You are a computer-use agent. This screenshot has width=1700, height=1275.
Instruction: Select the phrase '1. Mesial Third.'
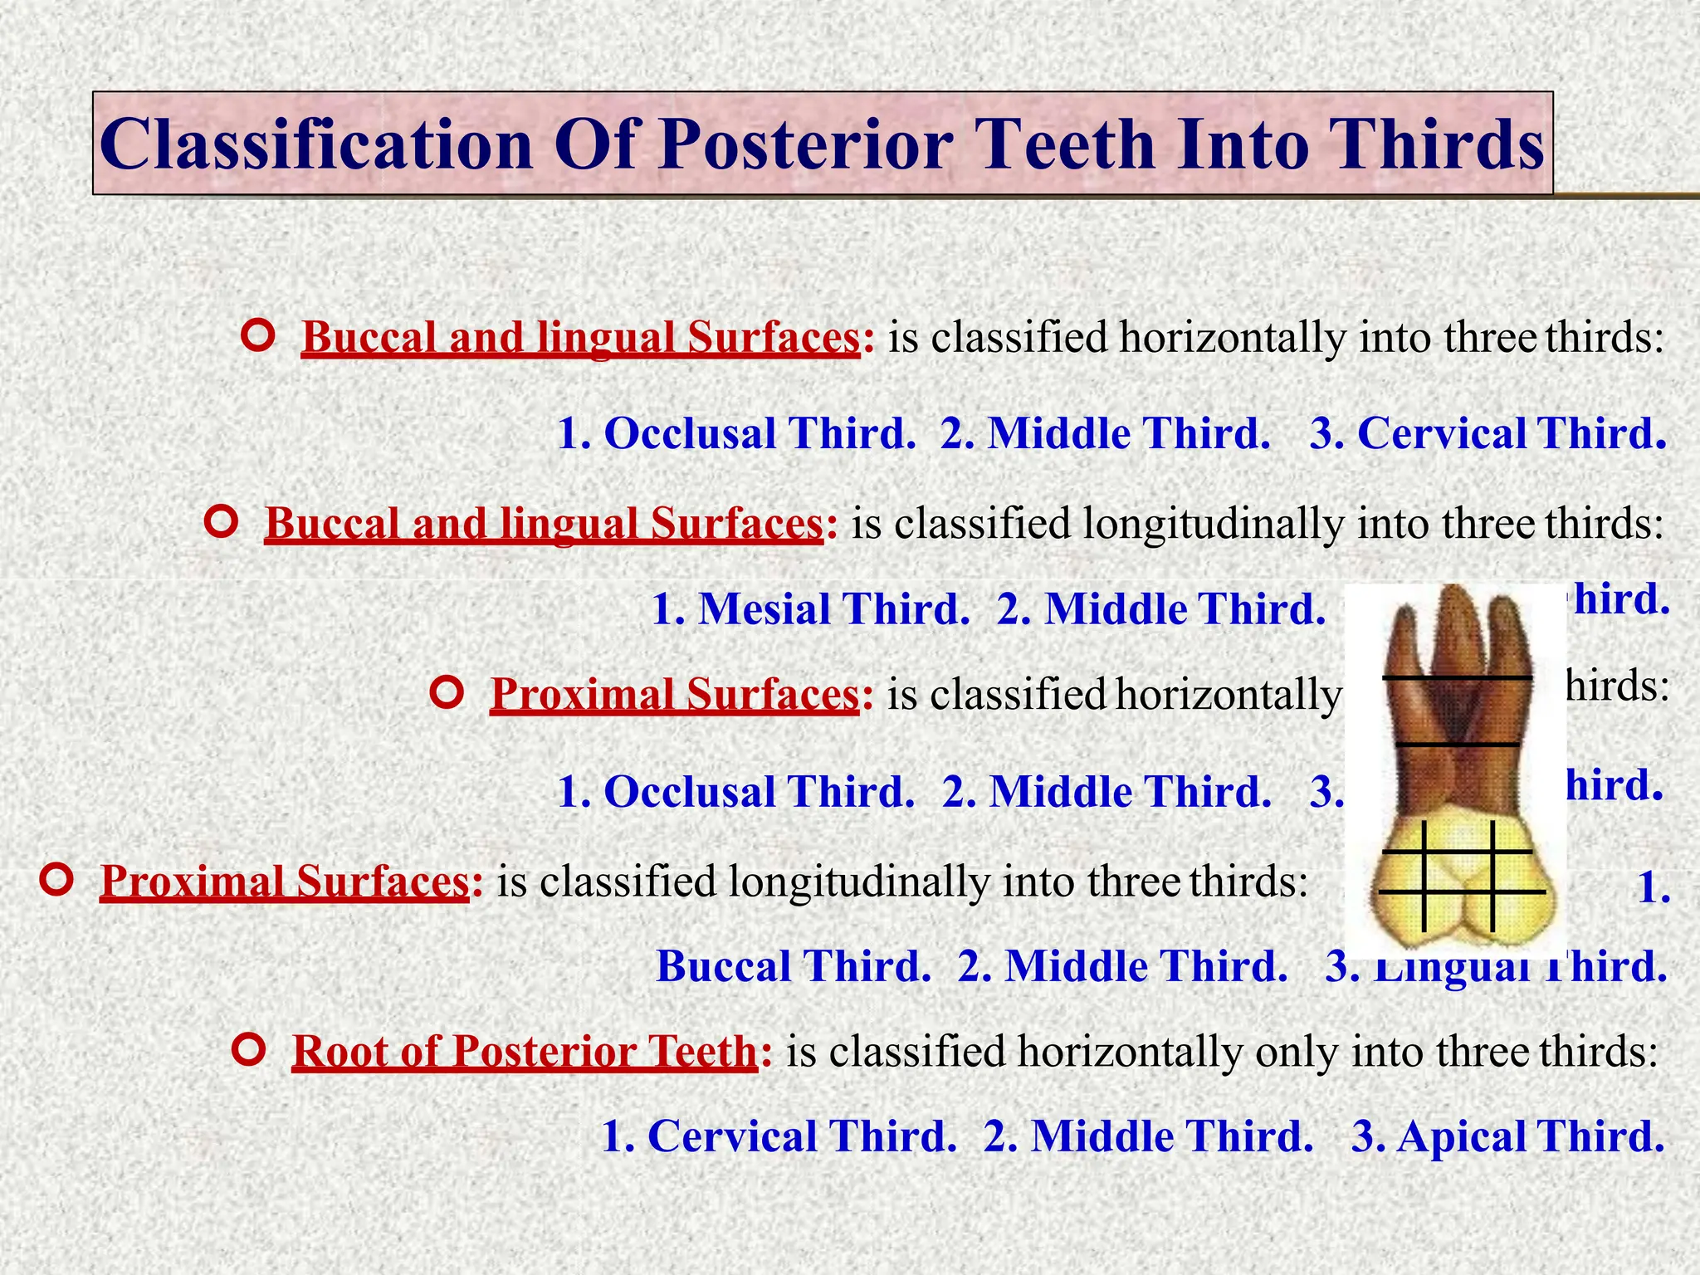pyautogui.click(x=810, y=609)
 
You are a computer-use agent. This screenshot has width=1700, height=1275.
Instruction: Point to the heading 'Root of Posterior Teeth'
pyautogui.click(x=525, y=1052)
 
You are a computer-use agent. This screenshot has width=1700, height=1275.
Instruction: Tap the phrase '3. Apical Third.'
pyautogui.click(x=1507, y=1136)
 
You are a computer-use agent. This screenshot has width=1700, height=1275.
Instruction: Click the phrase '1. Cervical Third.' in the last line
pyautogui.click(x=778, y=1136)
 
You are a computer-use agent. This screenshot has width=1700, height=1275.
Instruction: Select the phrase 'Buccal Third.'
pyautogui.click(x=793, y=966)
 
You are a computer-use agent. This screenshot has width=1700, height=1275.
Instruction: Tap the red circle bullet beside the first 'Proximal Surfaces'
pyautogui.click(x=447, y=692)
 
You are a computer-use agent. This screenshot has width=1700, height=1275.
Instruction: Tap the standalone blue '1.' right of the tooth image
pyautogui.click(x=1652, y=888)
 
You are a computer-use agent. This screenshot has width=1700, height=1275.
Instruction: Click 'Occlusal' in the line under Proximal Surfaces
pyautogui.click(x=690, y=792)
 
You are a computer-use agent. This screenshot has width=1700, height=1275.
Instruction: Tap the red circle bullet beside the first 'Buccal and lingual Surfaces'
pyautogui.click(x=258, y=335)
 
